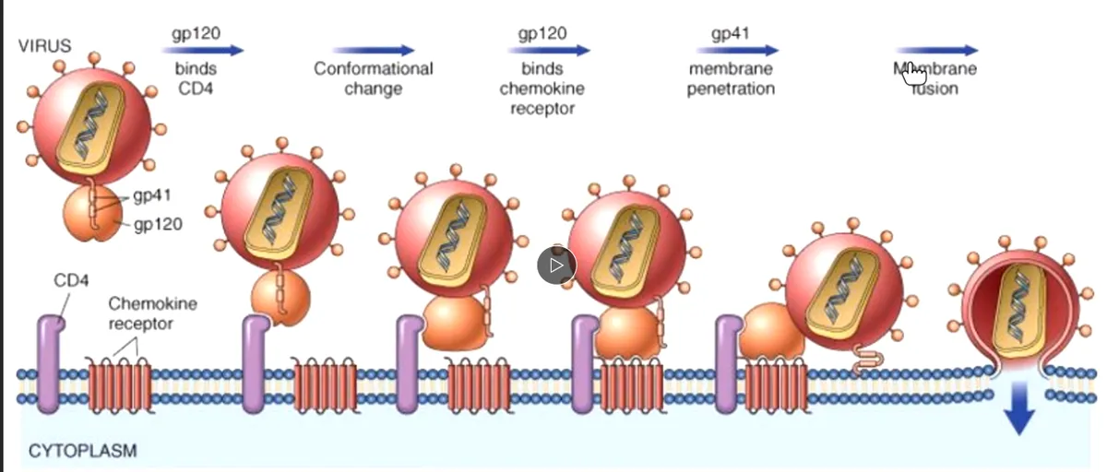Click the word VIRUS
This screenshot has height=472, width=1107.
45,46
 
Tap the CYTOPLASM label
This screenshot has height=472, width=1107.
82,451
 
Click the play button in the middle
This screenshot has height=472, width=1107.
556,265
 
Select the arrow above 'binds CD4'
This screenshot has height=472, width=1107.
203,50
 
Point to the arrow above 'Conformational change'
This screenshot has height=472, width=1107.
373,50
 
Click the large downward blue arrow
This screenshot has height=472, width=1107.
1019,407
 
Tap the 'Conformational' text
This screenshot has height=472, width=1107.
373,68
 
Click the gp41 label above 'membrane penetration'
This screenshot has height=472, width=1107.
731,33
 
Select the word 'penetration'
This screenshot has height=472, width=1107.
731,88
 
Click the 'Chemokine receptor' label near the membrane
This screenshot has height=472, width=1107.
152,313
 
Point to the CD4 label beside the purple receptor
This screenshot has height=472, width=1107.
71,280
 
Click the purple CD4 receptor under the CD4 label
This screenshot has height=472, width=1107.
50,364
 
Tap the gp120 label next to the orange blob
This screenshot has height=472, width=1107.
158,225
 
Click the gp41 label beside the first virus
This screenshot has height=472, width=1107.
152,195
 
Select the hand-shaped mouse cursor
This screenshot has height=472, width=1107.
914,74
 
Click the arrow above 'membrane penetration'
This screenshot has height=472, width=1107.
737,50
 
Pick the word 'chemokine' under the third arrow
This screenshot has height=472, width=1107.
542,88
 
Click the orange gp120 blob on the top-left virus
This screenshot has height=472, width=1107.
92,213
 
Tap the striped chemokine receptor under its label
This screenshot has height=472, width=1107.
120,384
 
